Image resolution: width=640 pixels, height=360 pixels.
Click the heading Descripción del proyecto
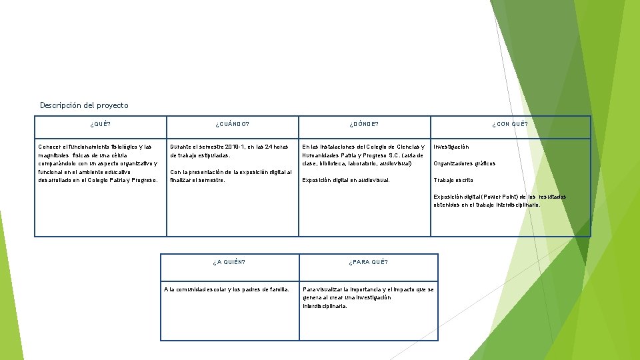pos(84,105)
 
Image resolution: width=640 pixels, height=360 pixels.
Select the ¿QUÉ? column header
pos(101,124)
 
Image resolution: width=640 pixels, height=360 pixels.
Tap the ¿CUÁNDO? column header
pos(232,124)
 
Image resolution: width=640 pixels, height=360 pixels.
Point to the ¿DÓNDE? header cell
pos(364,124)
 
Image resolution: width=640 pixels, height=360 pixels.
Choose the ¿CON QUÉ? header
pos(510,124)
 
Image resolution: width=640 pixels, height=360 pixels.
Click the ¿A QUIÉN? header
pos(229,262)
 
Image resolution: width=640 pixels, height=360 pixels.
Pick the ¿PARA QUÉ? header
pos(368,262)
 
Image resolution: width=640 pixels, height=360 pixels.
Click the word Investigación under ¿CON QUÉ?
pos(451,147)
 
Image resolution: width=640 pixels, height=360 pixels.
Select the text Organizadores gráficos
pos(465,163)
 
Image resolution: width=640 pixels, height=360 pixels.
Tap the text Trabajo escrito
pos(453,180)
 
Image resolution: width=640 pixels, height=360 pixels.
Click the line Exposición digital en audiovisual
pos(346,180)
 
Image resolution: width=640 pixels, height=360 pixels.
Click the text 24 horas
pos(277,147)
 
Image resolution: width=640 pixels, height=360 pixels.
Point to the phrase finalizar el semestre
pos(197,180)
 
